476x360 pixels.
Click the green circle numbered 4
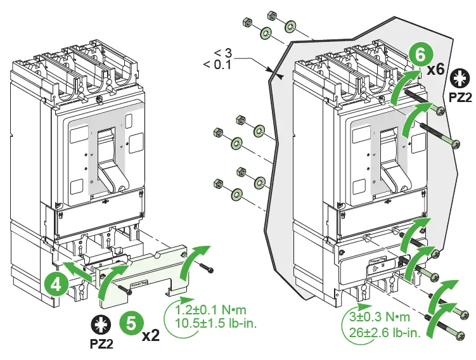tap(56, 283)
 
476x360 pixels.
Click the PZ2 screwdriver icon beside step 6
tap(459, 79)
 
